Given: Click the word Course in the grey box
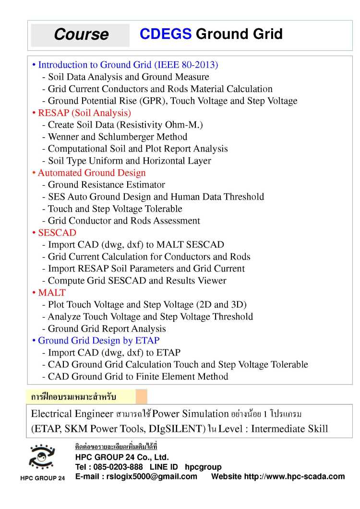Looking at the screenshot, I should click(81, 35).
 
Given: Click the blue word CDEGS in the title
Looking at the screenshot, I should click(166, 34).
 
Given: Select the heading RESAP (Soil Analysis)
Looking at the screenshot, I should click(84, 113).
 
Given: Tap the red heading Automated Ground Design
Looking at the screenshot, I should click(92, 173).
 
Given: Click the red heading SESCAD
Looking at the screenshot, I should click(57, 233).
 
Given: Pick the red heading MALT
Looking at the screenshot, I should click(52, 293).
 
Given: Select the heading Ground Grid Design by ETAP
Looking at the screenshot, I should click(98, 341).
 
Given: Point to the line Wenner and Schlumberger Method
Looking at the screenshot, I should click(118, 137).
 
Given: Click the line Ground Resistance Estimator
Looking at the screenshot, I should click(106, 185).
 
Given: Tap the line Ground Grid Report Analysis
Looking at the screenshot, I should click(107, 329).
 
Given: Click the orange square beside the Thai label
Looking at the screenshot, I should click(141, 397).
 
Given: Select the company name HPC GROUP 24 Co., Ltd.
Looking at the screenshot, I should click(122, 457).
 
